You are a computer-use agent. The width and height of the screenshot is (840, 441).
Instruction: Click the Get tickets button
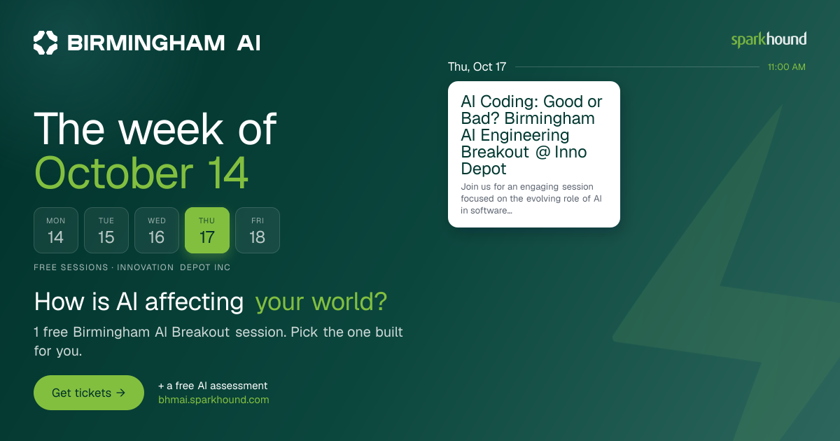point(89,393)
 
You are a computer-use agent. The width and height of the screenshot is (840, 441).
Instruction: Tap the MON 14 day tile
point(56,230)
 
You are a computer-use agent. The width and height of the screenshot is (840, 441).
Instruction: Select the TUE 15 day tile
point(106,230)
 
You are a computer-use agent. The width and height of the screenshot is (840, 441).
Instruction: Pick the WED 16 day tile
point(157,230)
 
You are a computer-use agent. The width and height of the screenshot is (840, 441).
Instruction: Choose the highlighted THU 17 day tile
point(207,230)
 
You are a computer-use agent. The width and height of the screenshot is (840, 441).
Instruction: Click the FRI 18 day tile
point(258,230)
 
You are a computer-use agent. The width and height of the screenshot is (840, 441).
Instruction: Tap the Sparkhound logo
point(769,40)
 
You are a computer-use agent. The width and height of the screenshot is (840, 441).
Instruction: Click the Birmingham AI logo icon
point(45,43)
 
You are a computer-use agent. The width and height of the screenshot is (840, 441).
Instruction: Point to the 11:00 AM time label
point(786,67)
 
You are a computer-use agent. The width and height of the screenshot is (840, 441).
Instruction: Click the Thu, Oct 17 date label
point(477,66)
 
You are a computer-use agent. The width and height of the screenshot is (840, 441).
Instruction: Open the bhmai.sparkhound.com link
point(213,400)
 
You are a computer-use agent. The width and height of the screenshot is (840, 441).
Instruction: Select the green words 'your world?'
point(321,302)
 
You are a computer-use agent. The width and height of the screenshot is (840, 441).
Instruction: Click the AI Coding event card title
point(531,135)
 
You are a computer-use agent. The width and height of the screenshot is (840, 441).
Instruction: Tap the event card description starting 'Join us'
point(531,198)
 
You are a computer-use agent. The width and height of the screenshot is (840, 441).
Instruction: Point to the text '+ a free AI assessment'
point(213,386)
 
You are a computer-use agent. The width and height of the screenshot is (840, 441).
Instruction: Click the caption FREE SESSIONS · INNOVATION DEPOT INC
point(132,267)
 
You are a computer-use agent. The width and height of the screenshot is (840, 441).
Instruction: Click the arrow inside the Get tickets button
point(120,393)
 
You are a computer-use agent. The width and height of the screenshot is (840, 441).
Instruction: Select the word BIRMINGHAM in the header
point(146,43)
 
